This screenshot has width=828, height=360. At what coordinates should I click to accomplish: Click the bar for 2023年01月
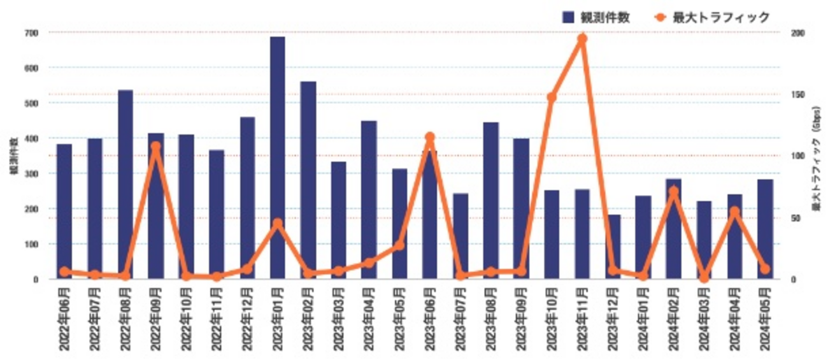point(277,159)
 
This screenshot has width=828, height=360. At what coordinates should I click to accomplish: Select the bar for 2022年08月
point(125,185)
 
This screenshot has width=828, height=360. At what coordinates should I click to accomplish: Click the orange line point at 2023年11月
point(582,39)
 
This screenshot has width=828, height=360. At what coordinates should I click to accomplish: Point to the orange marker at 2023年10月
point(552,97)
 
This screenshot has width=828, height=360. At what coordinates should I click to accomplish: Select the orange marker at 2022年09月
point(155,146)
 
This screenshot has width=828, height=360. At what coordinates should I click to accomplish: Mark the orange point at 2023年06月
point(429,137)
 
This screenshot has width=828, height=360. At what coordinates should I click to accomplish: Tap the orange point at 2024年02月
point(673,191)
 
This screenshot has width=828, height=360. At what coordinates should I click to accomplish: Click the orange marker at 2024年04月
point(734,212)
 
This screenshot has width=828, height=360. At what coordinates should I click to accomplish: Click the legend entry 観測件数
point(596,17)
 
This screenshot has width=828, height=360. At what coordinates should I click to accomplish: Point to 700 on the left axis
point(31,32)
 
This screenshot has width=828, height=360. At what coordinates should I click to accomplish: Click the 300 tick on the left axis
point(31,173)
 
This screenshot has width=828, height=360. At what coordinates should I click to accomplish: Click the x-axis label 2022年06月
point(64,319)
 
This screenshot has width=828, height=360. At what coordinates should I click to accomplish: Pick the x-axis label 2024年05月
point(765,319)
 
